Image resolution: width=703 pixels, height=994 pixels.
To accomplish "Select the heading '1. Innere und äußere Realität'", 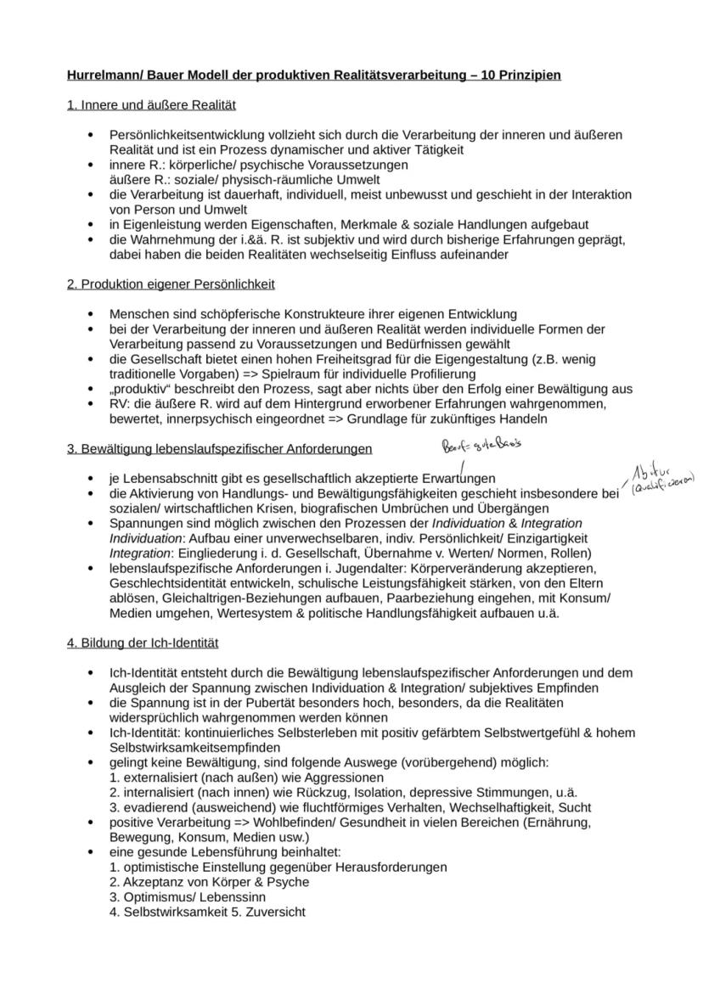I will (151, 105).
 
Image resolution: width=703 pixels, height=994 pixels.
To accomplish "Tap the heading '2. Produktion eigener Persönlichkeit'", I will (171, 284).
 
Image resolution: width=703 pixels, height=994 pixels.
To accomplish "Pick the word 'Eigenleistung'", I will (161, 224).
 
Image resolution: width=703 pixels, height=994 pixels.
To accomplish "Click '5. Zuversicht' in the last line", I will (270, 913).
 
